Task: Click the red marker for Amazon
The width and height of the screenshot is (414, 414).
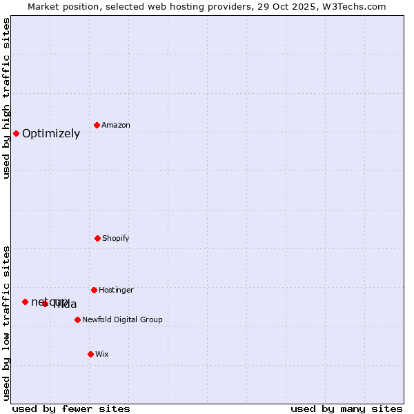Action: pos(97,125)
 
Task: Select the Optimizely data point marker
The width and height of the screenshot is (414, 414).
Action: pos(16,133)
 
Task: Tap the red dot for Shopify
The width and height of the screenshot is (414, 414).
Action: pos(97,238)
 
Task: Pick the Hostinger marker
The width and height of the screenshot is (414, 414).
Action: pos(94,290)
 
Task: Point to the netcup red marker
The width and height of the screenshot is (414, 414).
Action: pos(25,302)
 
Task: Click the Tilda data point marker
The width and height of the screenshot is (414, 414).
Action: pos(46,304)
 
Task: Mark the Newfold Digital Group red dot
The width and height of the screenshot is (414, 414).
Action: pos(77,319)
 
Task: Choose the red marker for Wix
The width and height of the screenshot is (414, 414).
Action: pos(90,354)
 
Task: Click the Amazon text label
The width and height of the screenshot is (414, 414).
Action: pos(116,126)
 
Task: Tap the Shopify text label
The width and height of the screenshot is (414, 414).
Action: pos(116,239)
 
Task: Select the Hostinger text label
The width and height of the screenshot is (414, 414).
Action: pos(116,290)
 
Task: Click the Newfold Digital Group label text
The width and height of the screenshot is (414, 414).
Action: pos(122,320)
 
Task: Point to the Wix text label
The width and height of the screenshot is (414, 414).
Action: pos(102,355)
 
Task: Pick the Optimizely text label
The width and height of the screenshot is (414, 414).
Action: pos(51,134)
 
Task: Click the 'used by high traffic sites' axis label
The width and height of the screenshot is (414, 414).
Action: pos(7,98)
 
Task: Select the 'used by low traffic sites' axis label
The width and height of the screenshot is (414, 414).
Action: pos(7,323)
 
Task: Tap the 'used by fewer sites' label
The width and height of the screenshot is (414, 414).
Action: pos(71,409)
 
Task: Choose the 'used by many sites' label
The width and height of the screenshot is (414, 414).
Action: pos(346,409)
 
